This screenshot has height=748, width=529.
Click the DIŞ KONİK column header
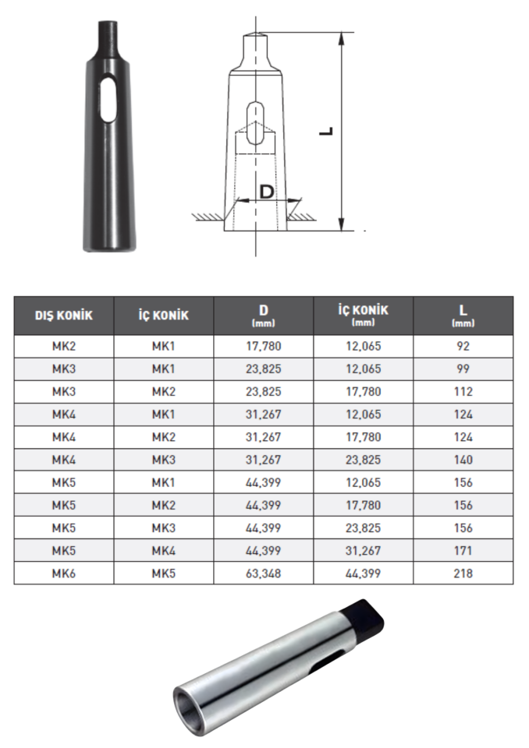point(63,316)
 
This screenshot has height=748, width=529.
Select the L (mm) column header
point(463,316)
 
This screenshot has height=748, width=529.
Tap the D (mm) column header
point(263,316)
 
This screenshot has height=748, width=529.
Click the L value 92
point(463,346)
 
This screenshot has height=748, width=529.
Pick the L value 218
point(463,573)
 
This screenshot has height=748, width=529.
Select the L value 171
point(463,551)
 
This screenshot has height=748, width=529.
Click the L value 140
point(463,460)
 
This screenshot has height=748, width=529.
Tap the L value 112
point(463,391)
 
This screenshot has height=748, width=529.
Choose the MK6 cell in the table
point(63,573)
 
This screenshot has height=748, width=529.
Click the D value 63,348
point(263,573)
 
